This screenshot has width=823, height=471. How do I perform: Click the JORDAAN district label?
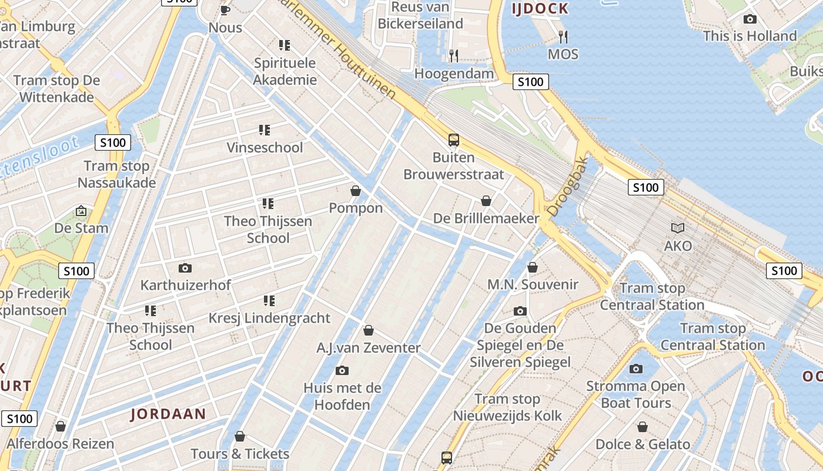click(168, 414)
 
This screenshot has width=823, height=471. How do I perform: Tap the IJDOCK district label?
click(540, 8)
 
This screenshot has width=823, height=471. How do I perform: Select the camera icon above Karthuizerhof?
click(185, 268)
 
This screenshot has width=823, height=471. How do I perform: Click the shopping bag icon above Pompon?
click(356, 191)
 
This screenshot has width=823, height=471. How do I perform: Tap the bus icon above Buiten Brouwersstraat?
click(453, 140)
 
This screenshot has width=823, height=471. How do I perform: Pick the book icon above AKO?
click(678, 228)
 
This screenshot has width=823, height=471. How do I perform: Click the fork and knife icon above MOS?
click(563, 37)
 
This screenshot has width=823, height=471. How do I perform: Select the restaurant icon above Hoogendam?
click(454, 56)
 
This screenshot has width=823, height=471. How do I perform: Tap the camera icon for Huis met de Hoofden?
click(342, 370)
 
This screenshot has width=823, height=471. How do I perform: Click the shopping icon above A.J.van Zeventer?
click(369, 330)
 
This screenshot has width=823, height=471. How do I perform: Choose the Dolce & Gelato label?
click(643, 444)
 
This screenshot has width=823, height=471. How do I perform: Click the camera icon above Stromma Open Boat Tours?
click(635, 369)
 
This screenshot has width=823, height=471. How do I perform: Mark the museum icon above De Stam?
click(81, 210)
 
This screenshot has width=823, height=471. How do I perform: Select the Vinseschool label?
click(265, 147)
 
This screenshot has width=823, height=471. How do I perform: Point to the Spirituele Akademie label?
click(285, 71)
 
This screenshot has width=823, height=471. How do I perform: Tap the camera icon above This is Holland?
click(750, 19)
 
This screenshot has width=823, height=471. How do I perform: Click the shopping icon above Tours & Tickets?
click(240, 436)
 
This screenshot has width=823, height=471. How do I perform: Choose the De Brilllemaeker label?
click(486, 218)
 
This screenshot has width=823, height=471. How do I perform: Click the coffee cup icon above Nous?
click(225, 10)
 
